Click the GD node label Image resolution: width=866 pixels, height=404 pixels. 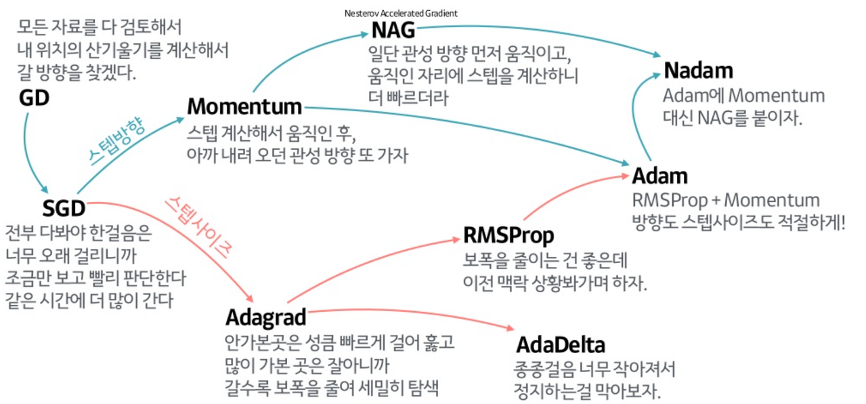34,98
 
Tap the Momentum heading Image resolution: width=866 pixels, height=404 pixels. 244,107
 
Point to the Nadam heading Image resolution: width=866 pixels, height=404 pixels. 698,70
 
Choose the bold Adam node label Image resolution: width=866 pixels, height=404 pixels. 659,176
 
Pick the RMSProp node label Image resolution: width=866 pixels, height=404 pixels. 508,235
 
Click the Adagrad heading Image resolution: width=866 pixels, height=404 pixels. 265,317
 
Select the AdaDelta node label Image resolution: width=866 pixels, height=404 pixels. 560,344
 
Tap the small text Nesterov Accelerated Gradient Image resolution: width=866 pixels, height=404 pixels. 401,13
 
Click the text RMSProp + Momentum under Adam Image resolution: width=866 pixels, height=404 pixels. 725,201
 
